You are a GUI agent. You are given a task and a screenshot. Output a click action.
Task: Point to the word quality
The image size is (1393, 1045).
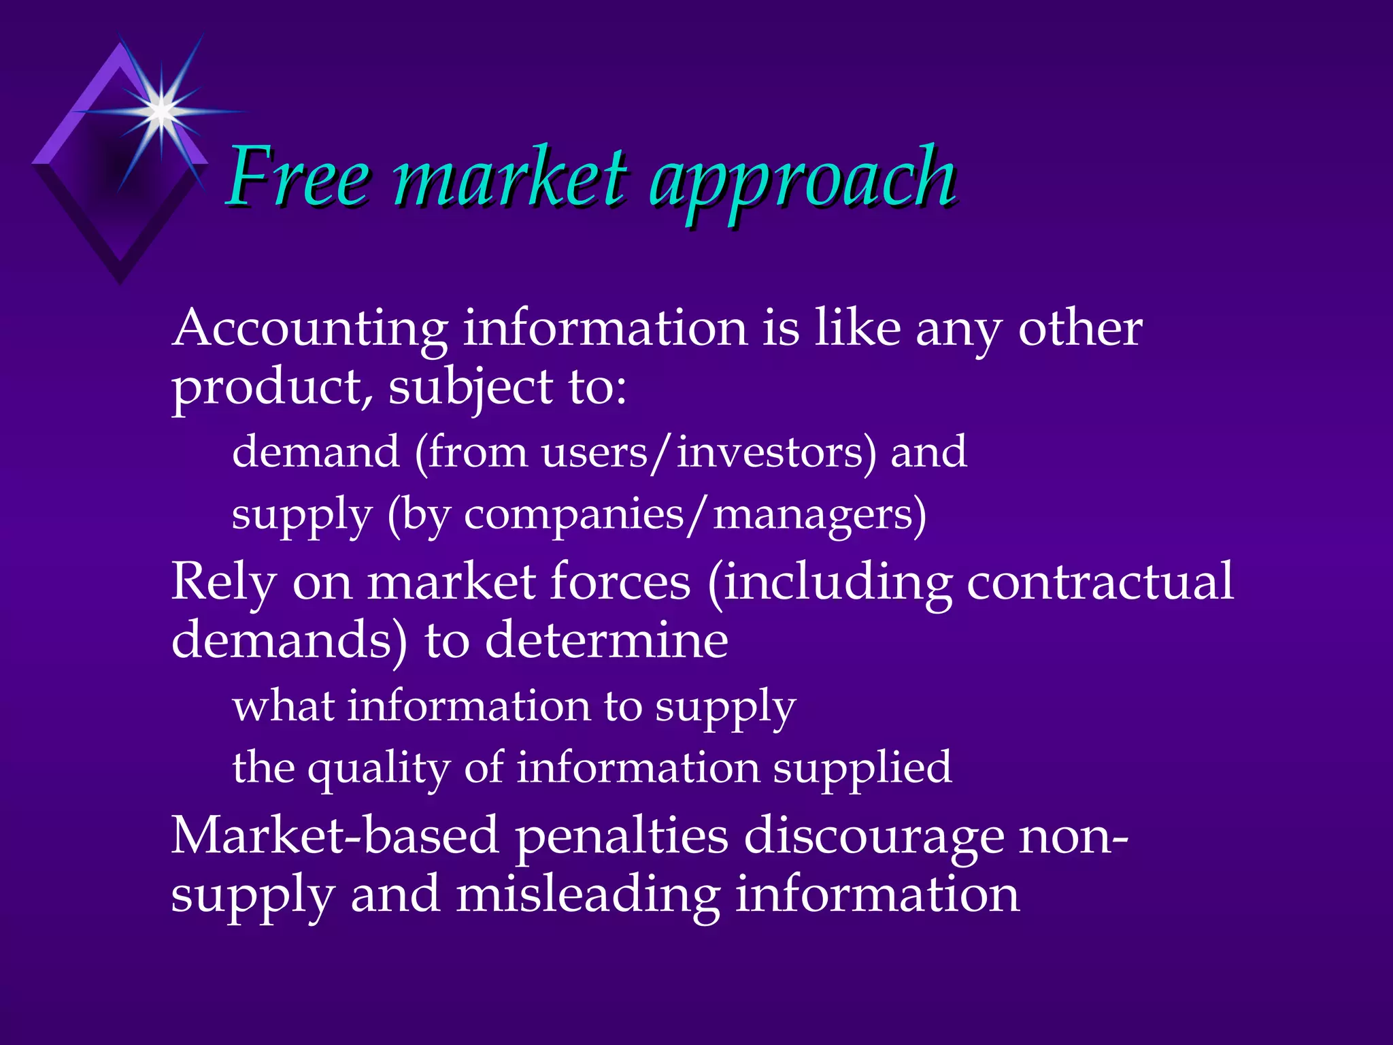[x=378, y=769]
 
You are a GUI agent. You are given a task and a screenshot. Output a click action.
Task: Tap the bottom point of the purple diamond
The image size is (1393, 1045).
[x=120, y=280]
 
